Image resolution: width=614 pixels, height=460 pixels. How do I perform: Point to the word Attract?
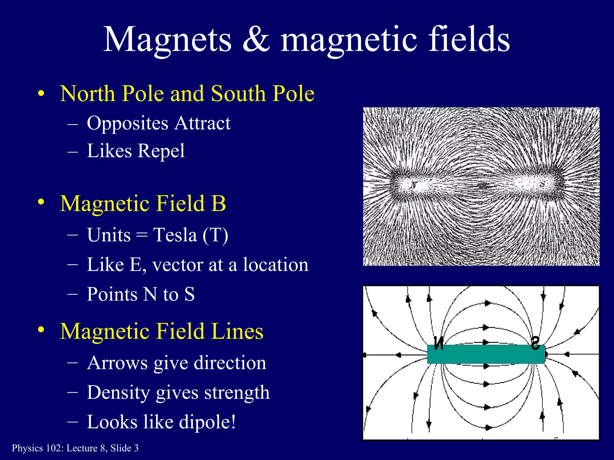tap(203, 123)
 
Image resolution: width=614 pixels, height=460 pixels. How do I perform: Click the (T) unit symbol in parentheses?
tap(215, 235)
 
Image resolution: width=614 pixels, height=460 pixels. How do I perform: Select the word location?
tap(275, 265)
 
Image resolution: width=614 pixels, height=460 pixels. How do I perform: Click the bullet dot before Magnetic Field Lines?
tap(41, 330)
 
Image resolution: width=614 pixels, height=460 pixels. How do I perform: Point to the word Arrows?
tap(118, 363)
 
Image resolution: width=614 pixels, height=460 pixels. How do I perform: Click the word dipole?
tap(207, 422)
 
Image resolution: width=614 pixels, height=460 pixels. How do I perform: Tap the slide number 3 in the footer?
tap(136, 448)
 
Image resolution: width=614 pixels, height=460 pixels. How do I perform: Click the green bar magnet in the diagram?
tap(486, 354)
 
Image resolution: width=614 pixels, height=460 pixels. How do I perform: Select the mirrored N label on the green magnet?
tap(439, 344)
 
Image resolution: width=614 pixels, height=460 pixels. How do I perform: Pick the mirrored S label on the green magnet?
tap(535, 344)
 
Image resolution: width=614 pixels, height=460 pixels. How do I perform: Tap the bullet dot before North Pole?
tap(41, 93)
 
